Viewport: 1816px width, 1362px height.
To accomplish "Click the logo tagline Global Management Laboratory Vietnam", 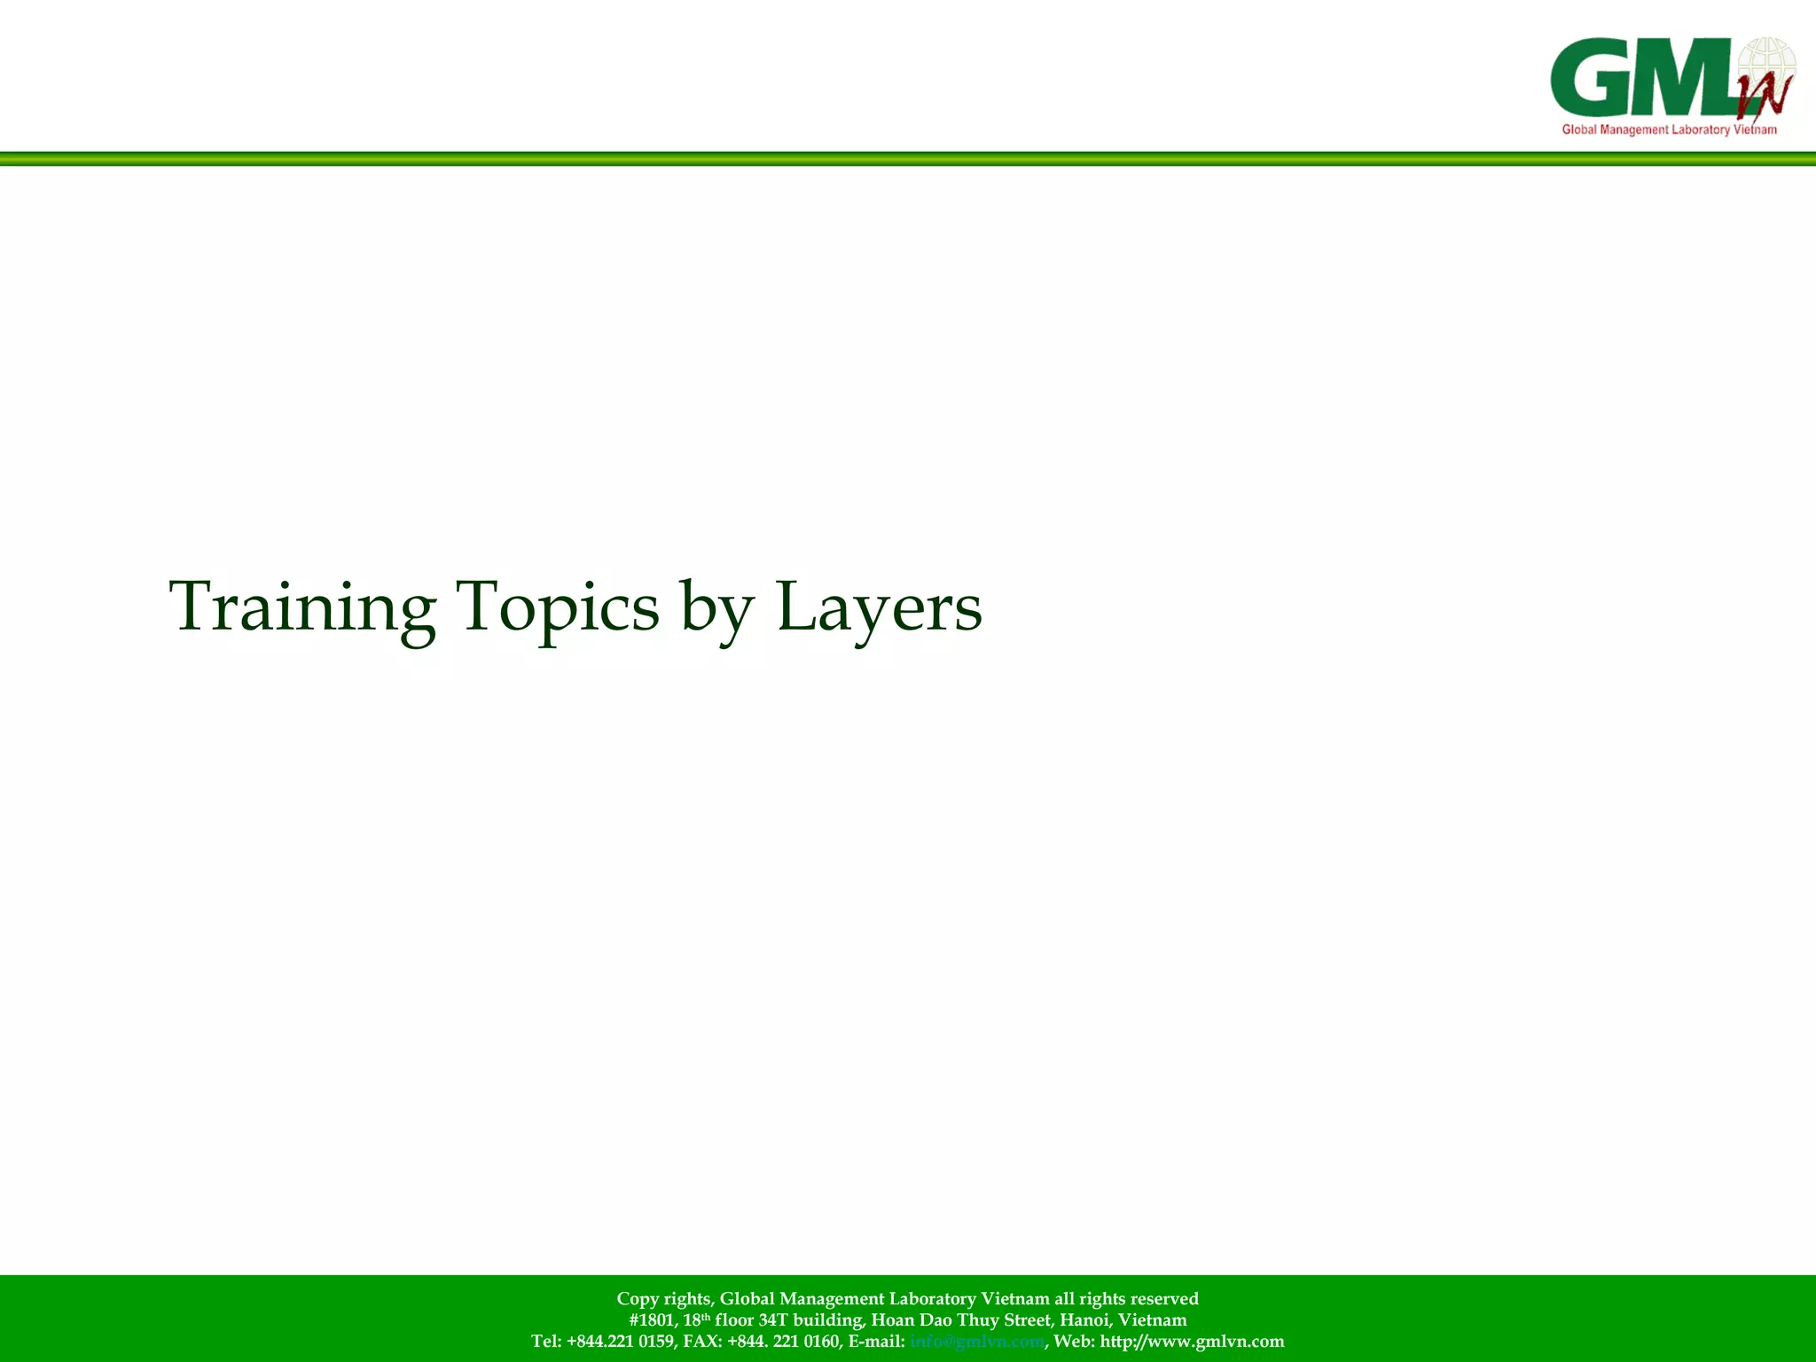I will point(1669,130).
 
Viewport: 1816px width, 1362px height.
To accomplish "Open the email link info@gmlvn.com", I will point(976,1342).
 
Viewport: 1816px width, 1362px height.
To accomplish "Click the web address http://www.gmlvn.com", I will point(1192,1342).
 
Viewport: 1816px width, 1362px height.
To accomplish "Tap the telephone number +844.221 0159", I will point(620,1342).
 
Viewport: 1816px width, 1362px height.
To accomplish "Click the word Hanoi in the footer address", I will point(1084,1320).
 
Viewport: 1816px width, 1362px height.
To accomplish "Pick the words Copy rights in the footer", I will point(663,1299).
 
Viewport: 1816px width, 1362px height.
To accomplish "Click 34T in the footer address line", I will point(772,1320).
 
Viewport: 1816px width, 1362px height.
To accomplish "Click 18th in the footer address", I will point(697,1320).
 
